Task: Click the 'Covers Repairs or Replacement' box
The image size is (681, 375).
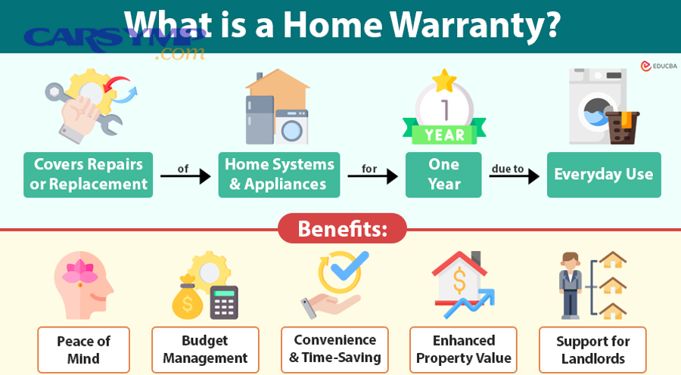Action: click(88, 175)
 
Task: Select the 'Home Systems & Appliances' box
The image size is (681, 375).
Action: click(279, 175)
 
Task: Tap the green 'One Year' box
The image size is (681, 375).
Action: click(443, 175)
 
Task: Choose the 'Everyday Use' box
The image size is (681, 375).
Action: click(603, 175)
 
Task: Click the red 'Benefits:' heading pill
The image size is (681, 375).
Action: click(342, 228)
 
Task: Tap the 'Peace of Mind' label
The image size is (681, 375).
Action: click(84, 349)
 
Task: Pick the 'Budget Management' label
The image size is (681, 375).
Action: click(205, 349)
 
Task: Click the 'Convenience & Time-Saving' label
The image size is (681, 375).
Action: click(334, 349)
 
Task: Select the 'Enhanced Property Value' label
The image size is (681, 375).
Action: click(463, 349)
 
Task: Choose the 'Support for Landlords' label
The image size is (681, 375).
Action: click(592, 349)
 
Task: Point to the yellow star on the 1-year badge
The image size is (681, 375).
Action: click(444, 79)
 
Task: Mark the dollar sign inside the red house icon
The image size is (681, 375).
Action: click(459, 283)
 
